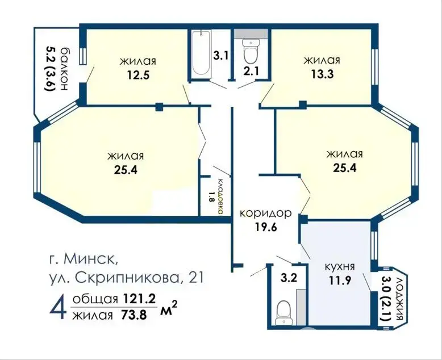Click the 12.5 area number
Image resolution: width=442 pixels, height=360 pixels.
138,75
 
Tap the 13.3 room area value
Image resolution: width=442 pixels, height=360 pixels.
322,74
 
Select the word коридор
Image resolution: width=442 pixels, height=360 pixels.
265,214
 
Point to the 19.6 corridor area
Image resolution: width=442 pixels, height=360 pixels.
266,227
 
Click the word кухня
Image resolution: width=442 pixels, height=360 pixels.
340,266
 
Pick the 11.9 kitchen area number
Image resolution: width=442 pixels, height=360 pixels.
340,281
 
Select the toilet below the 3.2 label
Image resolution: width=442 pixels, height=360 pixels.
283,313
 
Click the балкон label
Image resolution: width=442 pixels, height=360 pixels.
64,68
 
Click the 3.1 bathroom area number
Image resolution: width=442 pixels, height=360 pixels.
220,56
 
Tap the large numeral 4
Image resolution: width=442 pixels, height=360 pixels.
59,308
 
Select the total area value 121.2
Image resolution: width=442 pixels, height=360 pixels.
139,299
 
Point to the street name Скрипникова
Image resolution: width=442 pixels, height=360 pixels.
127,278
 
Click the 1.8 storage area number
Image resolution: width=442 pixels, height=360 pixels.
211,197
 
